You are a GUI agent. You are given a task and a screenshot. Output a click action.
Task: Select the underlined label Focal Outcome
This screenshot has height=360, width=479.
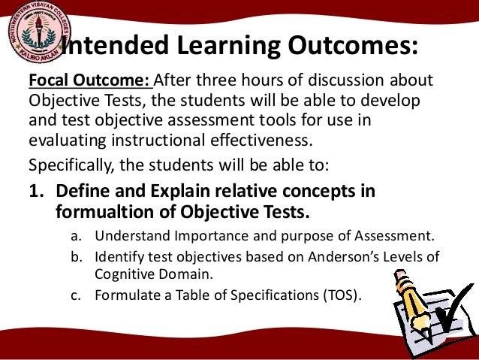pos(89,81)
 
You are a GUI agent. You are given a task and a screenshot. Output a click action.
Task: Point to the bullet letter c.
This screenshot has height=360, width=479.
pos(76,295)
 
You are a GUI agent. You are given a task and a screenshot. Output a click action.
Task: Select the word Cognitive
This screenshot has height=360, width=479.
pos(125,276)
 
